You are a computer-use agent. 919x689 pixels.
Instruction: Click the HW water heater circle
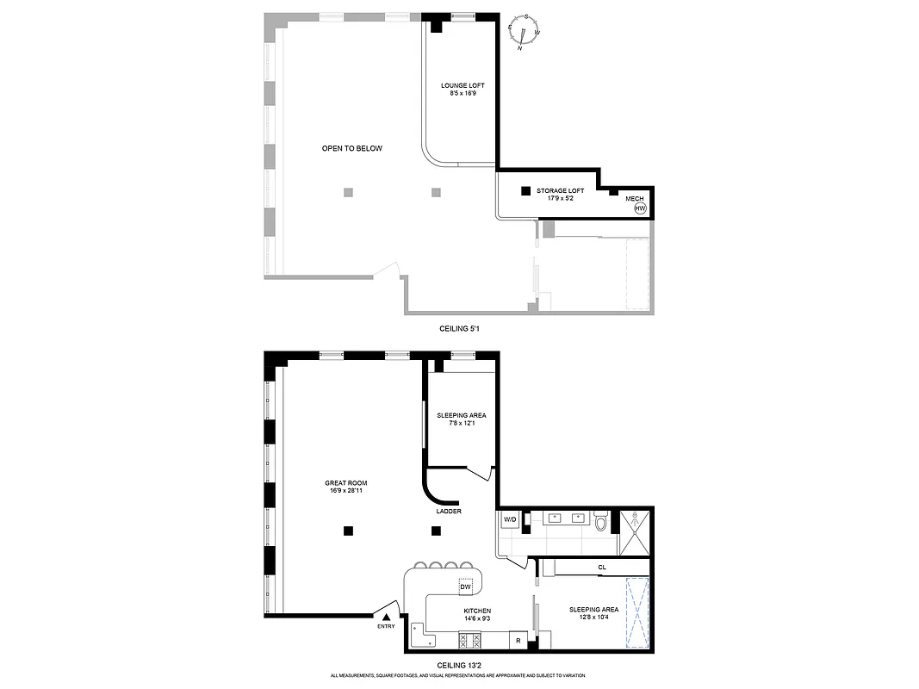click(x=640, y=208)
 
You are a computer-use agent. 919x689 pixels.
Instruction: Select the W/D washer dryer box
click(x=509, y=519)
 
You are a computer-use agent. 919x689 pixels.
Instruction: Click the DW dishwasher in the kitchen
click(x=466, y=587)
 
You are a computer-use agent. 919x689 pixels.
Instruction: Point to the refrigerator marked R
click(x=518, y=640)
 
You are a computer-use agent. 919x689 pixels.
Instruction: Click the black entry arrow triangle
click(x=387, y=616)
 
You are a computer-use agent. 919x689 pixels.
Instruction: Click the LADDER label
click(x=449, y=511)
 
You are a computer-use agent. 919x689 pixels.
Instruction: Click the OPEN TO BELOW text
click(x=351, y=148)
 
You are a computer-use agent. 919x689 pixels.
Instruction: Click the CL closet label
click(x=602, y=567)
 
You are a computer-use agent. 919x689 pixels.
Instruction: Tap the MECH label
click(x=635, y=198)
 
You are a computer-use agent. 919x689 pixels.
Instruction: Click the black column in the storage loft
click(x=525, y=190)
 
